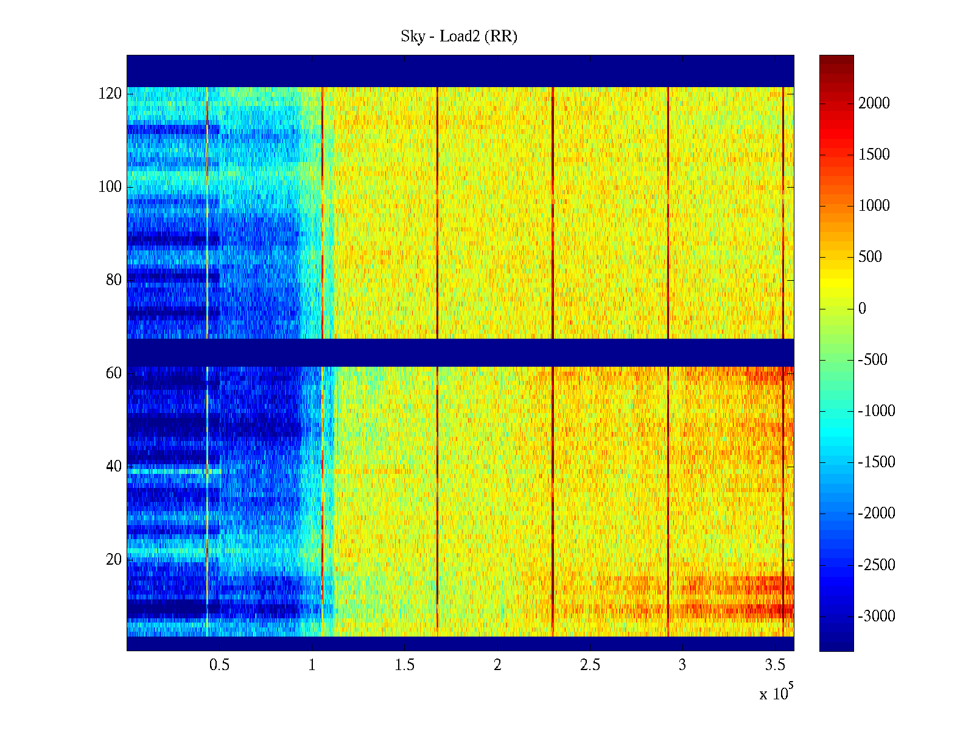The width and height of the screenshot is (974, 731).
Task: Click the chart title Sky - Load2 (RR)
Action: tap(459, 37)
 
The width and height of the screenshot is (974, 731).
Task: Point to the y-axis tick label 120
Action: tap(110, 94)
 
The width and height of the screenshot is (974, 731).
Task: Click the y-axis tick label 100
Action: tap(110, 187)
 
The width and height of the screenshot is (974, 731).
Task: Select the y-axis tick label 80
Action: tap(114, 280)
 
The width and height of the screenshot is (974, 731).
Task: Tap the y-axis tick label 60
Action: tap(114, 373)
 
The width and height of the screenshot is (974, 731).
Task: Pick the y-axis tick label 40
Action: tap(114, 467)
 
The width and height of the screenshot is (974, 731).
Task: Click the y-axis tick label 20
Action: tap(114, 560)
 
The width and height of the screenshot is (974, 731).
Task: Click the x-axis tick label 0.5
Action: tap(219, 665)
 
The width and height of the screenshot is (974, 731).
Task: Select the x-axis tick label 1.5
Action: tap(404, 665)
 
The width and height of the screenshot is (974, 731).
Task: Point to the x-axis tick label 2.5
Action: tap(590, 665)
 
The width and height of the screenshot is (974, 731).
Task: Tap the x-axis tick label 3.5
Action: tap(775, 665)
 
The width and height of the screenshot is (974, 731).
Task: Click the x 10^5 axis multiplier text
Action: tap(776, 693)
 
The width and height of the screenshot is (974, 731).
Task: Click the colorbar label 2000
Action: tap(874, 104)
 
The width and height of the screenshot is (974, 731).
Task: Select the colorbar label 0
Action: tap(862, 309)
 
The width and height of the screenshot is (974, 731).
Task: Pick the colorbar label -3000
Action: tap(877, 616)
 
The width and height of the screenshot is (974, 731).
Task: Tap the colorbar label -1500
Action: tap(877, 462)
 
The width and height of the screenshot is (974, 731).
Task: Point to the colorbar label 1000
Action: tap(874, 206)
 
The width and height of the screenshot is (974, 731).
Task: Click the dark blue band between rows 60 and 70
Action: tap(460, 353)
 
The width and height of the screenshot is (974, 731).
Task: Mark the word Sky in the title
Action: tap(412, 37)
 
